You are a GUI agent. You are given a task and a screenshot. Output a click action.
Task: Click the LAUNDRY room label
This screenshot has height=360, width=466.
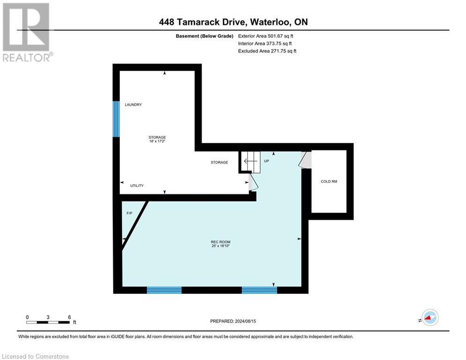(x=133, y=105)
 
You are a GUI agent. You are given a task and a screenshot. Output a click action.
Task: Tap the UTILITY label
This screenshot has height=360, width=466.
(x=137, y=186)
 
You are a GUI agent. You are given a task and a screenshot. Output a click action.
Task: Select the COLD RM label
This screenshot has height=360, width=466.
(x=329, y=181)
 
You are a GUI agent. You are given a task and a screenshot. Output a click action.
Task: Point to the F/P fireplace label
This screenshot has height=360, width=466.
(x=129, y=213)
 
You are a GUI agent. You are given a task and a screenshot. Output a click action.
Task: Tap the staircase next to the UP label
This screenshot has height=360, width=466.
(x=251, y=162)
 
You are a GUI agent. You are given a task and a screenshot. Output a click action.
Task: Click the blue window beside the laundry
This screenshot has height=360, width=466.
(x=116, y=119)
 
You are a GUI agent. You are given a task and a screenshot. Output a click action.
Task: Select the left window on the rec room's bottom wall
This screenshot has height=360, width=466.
(x=164, y=290)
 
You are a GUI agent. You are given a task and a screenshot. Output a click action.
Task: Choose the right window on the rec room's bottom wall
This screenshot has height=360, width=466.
(x=259, y=290)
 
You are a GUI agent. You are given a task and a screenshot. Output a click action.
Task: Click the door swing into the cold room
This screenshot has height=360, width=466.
(x=305, y=159)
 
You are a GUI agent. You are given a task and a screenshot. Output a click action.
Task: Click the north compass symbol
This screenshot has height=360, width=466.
(x=429, y=318)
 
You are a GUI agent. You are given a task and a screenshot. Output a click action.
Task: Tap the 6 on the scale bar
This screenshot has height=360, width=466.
(x=69, y=317)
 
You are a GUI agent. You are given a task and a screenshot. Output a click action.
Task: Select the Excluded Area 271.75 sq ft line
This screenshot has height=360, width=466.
(x=267, y=51)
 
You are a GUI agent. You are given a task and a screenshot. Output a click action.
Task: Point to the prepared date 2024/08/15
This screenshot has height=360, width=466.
(x=233, y=321)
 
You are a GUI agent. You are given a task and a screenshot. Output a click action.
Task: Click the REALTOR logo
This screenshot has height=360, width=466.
(x=26, y=32)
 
